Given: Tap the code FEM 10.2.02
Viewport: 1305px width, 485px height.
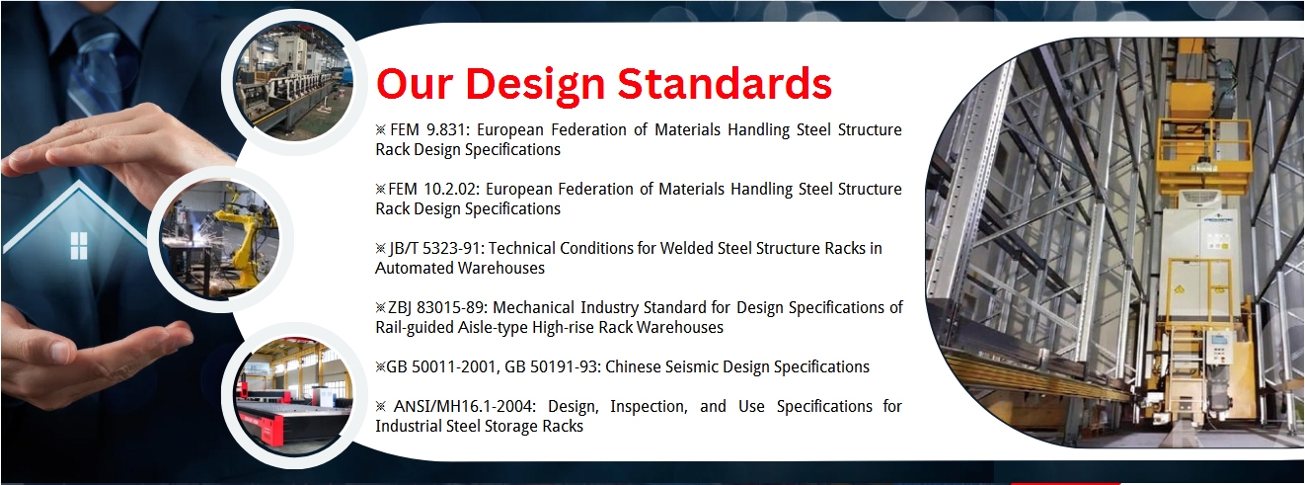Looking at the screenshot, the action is pos(432,189).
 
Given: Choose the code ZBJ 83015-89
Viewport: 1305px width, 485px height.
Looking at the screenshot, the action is pos(436,307).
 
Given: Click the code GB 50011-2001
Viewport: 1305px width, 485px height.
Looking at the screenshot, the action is pos(441,366).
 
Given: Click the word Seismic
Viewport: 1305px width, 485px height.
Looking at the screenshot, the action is pos(696,366).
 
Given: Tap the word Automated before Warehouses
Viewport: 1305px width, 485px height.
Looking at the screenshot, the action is pos(412,268).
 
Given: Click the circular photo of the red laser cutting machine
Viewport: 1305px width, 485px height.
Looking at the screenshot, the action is pos(293,396).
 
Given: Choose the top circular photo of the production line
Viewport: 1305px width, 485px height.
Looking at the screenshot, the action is pos(293,81).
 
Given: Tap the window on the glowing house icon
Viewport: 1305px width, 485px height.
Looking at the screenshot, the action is pos(79,245).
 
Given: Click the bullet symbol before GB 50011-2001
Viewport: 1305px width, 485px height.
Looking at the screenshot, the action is pos(380,367).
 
